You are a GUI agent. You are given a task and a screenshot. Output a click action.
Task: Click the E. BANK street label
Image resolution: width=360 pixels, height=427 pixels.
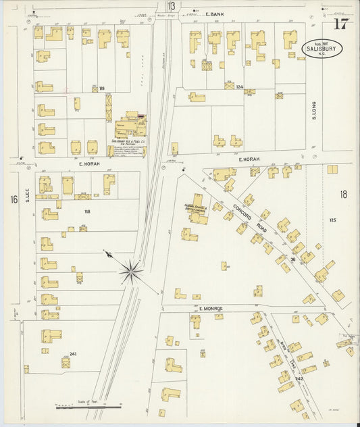(215, 14)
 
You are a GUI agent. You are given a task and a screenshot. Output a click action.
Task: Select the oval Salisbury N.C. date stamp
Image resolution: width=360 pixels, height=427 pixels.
(322, 49)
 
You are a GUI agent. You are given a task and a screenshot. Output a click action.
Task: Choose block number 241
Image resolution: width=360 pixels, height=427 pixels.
(74, 353)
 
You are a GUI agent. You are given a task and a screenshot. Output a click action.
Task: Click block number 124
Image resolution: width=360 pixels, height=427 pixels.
(239, 88)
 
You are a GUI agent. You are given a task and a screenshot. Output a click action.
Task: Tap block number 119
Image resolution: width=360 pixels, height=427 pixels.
(102, 88)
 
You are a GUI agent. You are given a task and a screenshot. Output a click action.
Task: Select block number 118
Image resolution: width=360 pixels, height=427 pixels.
(86, 211)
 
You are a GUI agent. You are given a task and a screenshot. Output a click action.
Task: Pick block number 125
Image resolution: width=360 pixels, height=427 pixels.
(332, 220)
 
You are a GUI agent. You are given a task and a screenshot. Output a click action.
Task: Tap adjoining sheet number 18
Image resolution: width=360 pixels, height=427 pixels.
(344, 195)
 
